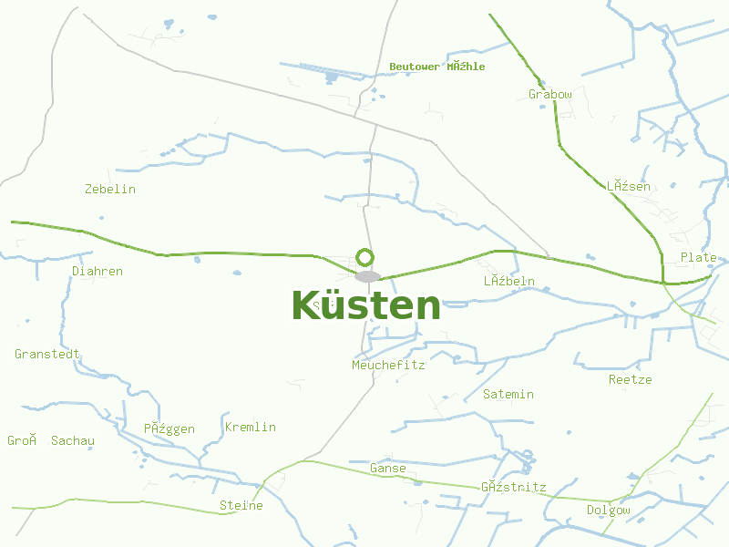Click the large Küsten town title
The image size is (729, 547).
[x=365, y=306]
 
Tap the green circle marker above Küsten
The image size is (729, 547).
[x=365, y=258]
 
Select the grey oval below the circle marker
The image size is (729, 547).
[x=367, y=276]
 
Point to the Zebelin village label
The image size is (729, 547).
[x=110, y=190]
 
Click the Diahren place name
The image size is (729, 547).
[x=98, y=272]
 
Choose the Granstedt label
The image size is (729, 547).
[x=48, y=355]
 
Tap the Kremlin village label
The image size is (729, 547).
[x=250, y=428]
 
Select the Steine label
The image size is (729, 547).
[x=241, y=506]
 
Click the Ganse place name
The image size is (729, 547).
[x=387, y=469]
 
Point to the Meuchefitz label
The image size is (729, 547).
[x=388, y=366]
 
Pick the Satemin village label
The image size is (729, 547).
[x=508, y=395]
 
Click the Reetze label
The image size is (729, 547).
[x=631, y=380]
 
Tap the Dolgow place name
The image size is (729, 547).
[x=608, y=511]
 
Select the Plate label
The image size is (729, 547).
[x=698, y=258]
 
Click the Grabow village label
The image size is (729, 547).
[x=550, y=95]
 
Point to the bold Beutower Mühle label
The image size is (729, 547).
[x=436, y=67]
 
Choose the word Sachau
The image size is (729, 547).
[x=73, y=441]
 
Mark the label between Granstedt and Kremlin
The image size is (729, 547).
[x=169, y=429]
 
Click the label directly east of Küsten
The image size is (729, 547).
[x=509, y=283]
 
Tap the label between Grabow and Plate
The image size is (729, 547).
[x=629, y=187]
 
